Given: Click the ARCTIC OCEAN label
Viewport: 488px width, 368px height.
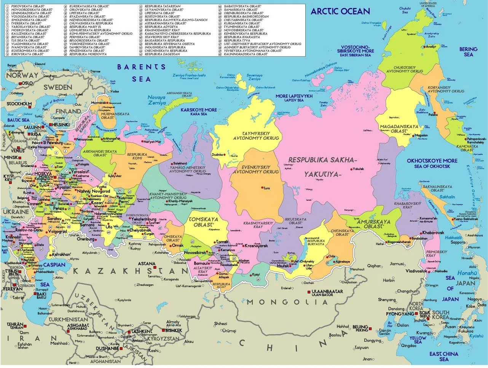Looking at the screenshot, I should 340,11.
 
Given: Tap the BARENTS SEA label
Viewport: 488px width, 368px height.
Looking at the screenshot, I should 142,73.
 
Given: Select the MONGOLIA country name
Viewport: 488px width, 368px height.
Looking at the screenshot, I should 287,302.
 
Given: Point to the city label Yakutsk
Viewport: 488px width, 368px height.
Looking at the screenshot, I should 358,169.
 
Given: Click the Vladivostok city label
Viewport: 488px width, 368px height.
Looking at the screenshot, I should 416,271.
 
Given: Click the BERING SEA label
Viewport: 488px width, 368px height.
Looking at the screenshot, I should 468,52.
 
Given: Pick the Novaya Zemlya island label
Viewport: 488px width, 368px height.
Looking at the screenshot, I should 157,100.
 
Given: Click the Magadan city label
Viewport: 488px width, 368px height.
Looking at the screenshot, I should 421,135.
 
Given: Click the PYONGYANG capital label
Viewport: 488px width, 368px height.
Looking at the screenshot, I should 400,314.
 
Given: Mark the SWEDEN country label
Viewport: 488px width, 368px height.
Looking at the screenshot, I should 57,87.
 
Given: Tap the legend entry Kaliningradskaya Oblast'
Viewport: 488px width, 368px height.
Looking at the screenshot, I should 246,54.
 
